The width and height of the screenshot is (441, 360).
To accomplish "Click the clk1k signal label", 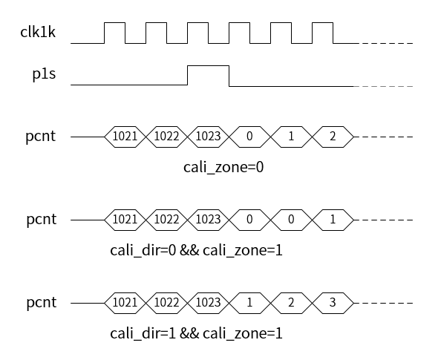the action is click(x=38, y=32).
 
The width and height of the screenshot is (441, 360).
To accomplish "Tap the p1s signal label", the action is click(x=44, y=74).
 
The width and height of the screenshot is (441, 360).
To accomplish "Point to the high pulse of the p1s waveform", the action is click(x=208, y=66).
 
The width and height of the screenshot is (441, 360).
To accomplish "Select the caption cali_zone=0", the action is click(x=223, y=167).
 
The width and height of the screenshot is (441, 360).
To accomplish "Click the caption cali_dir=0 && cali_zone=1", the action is click(x=196, y=250).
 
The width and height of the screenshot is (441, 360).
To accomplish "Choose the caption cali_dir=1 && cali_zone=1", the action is click(x=196, y=333).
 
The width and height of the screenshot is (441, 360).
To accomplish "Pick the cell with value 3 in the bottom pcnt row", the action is click(x=333, y=303).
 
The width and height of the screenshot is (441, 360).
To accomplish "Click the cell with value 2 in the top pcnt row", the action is click(x=333, y=137).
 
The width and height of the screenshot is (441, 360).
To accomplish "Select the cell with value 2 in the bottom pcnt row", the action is click(x=291, y=303).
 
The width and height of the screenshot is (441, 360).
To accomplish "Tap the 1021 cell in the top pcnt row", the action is click(x=125, y=137).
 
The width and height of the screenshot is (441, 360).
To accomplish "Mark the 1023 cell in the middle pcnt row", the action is click(x=208, y=220).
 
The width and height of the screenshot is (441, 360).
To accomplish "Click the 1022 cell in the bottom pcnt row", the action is click(x=166, y=303).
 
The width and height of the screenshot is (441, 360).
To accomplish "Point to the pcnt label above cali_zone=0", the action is click(x=41, y=137).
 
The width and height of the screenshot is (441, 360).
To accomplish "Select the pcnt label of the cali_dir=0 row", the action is click(x=42, y=220).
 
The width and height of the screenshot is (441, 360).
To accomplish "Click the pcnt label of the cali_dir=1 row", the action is click(x=42, y=303).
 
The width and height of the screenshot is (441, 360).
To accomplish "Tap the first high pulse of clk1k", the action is click(x=115, y=23).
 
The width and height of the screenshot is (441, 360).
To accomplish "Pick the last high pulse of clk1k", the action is click(x=323, y=23).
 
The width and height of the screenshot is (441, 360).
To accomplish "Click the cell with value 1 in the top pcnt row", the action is click(x=291, y=137).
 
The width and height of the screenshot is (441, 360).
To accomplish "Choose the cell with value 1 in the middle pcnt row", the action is click(x=333, y=220).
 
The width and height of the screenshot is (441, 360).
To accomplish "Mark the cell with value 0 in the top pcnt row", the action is click(x=249, y=137).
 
